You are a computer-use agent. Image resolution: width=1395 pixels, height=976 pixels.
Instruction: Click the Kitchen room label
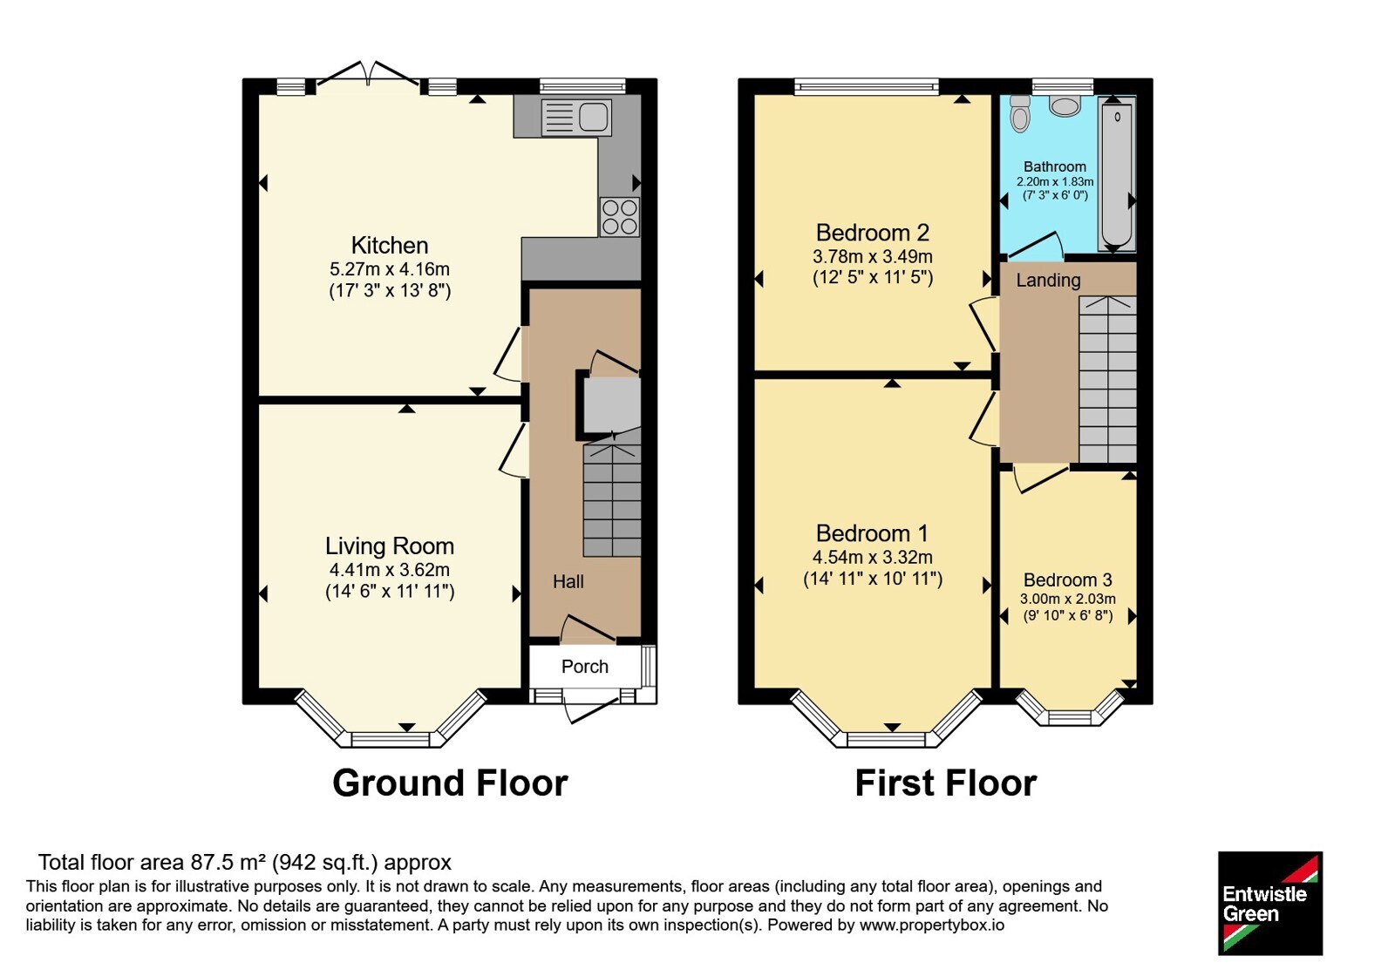[x=389, y=245]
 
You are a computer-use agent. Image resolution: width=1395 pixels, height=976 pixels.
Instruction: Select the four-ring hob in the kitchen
[x=620, y=217]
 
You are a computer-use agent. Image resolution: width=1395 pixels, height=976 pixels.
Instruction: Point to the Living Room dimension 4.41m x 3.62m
[x=389, y=570]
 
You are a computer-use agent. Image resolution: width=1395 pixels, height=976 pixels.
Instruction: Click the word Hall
[x=568, y=581]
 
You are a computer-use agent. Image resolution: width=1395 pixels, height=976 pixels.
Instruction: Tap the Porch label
[x=584, y=667]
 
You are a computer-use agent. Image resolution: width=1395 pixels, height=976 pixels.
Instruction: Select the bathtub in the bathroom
[x=1117, y=174]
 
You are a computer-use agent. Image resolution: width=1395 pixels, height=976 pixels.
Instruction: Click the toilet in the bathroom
[x=1020, y=114]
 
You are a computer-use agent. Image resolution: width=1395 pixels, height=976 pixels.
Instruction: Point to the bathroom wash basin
[x=1065, y=106]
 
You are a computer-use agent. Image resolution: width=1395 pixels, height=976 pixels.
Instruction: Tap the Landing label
[x=1048, y=280]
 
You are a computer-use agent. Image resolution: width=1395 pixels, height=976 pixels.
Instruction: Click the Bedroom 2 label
[x=873, y=233]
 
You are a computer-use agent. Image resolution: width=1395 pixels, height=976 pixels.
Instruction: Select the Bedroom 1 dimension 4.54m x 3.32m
[x=873, y=557]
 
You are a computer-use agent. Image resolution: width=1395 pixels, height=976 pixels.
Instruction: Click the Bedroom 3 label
[x=1067, y=580]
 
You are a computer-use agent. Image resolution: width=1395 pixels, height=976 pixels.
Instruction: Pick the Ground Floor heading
[x=450, y=783]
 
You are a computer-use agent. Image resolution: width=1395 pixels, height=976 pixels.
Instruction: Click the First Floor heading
[x=945, y=783]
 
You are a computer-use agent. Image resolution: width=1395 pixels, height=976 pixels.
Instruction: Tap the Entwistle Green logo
[x=1270, y=903]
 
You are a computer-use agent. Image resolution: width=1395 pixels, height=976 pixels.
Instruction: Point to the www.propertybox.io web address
[x=932, y=925]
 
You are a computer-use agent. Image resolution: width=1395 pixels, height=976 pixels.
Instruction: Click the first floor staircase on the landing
[x=1108, y=379]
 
